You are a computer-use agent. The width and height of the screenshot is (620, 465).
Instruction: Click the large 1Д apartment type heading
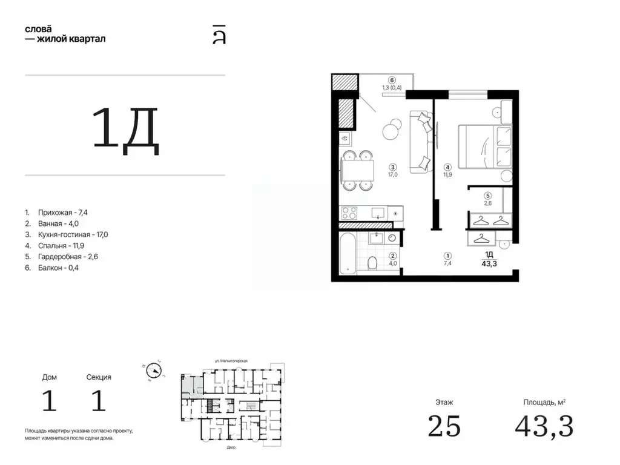(125, 131)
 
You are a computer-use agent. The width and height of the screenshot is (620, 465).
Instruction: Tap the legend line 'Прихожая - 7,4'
(63, 213)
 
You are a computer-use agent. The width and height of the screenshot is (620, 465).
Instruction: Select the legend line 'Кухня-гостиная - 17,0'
(73, 234)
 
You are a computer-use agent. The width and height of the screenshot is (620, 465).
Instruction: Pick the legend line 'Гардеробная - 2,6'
(68, 257)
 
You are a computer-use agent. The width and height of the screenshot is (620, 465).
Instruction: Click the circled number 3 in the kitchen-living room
(392, 167)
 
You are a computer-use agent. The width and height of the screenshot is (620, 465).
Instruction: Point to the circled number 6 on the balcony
(392, 81)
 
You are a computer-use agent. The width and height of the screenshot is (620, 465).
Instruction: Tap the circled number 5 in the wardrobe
(487, 196)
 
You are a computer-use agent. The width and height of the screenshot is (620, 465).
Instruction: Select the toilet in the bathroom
(372, 263)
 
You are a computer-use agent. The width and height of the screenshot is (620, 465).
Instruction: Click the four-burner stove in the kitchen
(349, 213)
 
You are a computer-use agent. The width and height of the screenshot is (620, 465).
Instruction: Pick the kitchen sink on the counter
(378, 213)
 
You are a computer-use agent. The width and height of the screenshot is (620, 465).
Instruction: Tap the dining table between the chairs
(357, 170)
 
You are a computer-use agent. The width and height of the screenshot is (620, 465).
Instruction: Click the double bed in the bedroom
(485, 147)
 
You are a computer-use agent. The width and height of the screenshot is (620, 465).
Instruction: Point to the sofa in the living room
(421, 142)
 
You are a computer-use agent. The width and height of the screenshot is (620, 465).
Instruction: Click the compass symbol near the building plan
(153, 371)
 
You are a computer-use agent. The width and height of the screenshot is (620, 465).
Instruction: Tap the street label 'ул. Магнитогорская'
(231, 361)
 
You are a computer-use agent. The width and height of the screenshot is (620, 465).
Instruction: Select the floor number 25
(444, 426)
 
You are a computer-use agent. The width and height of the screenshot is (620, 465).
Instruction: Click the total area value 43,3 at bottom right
(544, 426)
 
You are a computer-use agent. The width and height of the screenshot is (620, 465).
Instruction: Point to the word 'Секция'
(99, 377)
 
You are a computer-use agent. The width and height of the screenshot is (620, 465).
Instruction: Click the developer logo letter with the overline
(219, 35)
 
